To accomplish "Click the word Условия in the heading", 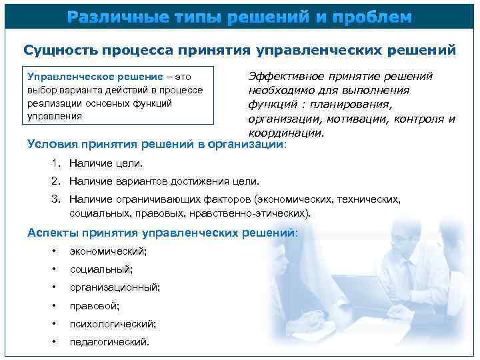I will pyautogui.click(x=53, y=144).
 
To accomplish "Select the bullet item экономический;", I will pyautogui.click(x=108, y=251).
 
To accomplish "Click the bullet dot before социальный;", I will pyautogui.click(x=53, y=269).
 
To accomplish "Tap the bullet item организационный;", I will pyautogui.click(x=114, y=287).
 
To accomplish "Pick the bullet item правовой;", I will pyautogui.click(x=95, y=306).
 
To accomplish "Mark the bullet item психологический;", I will pyautogui.click(x=113, y=324).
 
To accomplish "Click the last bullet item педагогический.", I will pyautogui.click(x=109, y=342).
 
